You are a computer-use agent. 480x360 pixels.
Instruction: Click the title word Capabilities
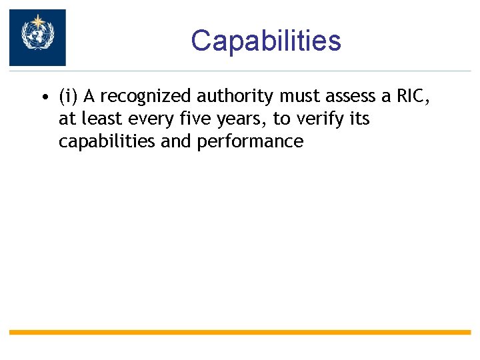point(265,41)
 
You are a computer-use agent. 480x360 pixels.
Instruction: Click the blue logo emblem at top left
point(37,37)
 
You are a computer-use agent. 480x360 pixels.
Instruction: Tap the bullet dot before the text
point(43,98)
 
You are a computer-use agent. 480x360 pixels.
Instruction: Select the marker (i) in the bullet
point(68,97)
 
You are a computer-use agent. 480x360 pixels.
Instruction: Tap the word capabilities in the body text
point(105,141)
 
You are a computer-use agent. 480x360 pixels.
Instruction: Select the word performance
point(250,141)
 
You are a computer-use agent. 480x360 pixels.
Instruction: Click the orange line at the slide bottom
point(240,332)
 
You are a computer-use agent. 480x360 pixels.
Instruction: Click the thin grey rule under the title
point(267,71)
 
